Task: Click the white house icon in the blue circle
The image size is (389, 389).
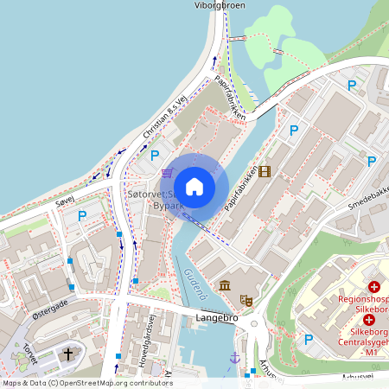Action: [194, 186]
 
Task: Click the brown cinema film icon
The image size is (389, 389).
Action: [264, 171]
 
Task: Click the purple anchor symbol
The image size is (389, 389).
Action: [233, 358]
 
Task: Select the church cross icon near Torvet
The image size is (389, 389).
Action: [68, 354]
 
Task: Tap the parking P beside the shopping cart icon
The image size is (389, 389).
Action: [155, 156]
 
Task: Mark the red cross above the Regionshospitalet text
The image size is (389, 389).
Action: [374, 286]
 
